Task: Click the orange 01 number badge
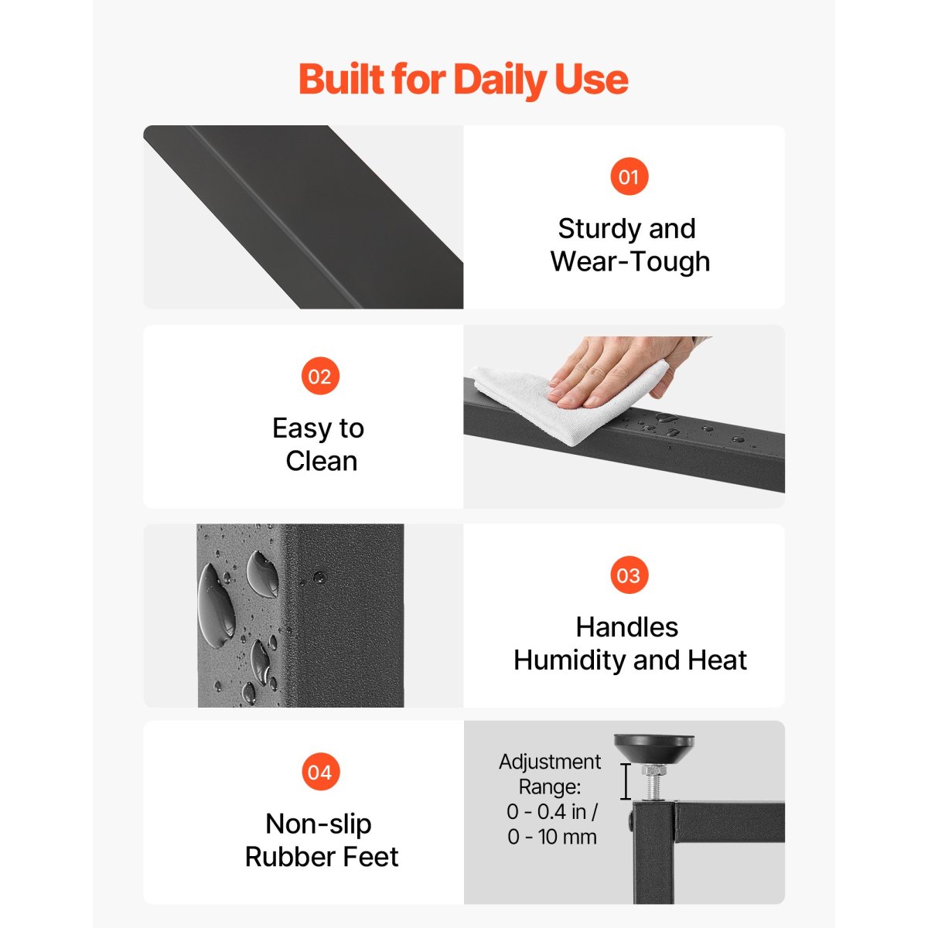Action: pyautogui.click(x=629, y=177)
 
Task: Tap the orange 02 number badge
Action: pyautogui.click(x=320, y=376)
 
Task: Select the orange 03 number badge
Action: pyautogui.click(x=629, y=575)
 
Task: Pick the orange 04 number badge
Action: pyautogui.click(x=320, y=772)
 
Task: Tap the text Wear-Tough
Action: pyautogui.click(x=630, y=262)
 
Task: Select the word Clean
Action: pyautogui.click(x=321, y=462)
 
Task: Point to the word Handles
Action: pyautogui.click(x=627, y=627)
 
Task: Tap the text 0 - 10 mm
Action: pyautogui.click(x=552, y=837)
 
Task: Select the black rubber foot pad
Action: pyautogui.click(x=653, y=748)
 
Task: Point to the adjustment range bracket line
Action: pyautogui.click(x=625, y=781)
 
